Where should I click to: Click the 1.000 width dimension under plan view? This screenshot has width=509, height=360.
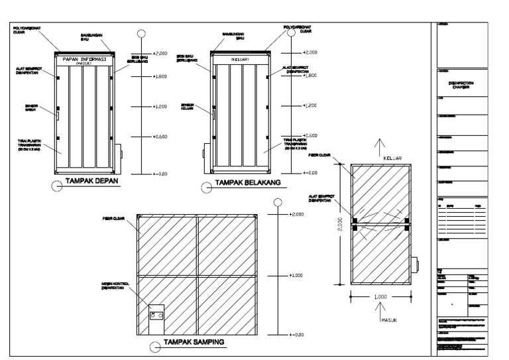coord(380,297)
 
